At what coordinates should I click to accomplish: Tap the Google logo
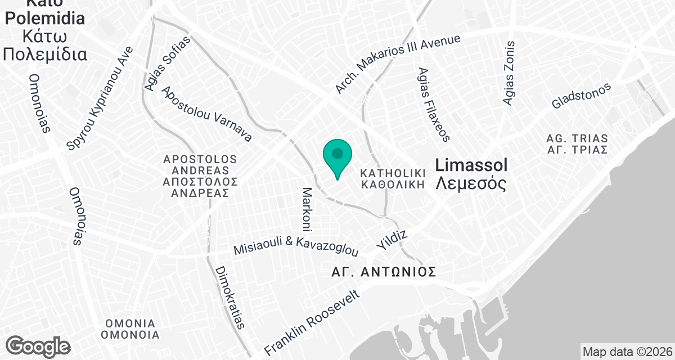[x=38, y=345]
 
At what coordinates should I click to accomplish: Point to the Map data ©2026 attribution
[x=627, y=352]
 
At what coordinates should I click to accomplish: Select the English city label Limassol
[x=472, y=165]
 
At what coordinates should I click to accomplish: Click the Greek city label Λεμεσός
[x=471, y=183]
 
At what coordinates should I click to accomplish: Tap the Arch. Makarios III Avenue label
[x=398, y=64]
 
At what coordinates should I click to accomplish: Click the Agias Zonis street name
[x=509, y=73]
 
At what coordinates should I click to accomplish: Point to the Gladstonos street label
[x=581, y=96]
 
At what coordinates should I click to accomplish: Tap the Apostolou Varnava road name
[x=206, y=114]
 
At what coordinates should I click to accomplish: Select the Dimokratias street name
[x=230, y=297]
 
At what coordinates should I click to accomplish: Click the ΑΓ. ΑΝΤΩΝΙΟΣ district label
[x=384, y=273]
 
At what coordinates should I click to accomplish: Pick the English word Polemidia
[x=44, y=18]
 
